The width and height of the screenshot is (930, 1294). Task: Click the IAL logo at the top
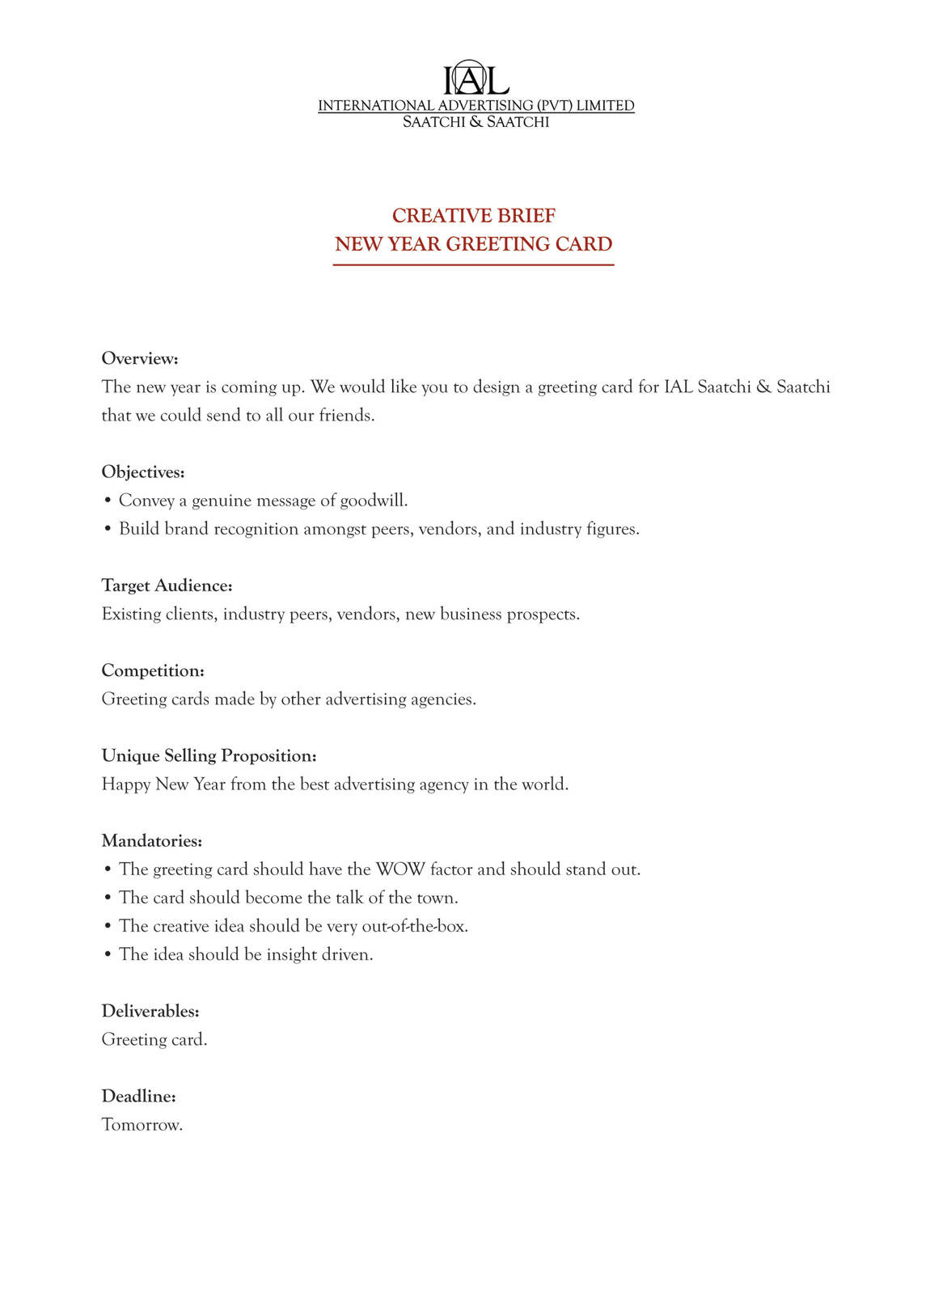click(476, 78)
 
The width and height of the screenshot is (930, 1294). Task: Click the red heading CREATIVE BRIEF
click(474, 216)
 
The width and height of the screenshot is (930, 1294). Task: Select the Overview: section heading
click(140, 358)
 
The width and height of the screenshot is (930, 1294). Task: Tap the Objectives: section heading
click(143, 472)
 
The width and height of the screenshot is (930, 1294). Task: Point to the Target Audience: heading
click(167, 586)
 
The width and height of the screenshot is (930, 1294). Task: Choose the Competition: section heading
click(153, 670)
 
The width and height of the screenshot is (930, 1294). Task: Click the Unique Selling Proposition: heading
click(209, 755)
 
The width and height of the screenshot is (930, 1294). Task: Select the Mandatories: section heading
click(152, 841)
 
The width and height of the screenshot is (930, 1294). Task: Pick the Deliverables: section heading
click(150, 1011)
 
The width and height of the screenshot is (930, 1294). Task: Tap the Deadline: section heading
click(139, 1097)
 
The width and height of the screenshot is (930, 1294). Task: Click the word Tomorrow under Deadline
click(141, 1125)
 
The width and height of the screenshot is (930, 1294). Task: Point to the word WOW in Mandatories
click(400, 869)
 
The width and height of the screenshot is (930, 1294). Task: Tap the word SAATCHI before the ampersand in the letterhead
click(433, 122)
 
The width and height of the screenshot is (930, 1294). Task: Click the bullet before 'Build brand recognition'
click(108, 530)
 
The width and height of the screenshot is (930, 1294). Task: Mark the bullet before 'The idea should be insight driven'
click(108, 955)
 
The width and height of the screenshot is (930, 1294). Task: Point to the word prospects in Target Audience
click(541, 615)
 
